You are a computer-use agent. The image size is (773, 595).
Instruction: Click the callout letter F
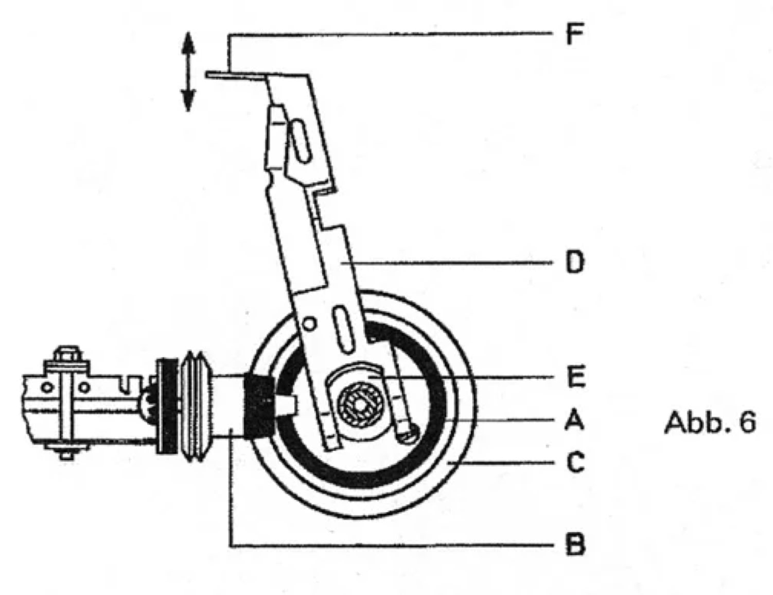[x=574, y=34]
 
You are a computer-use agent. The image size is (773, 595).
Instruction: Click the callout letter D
[x=575, y=262]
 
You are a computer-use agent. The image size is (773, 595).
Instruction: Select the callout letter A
[x=574, y=420]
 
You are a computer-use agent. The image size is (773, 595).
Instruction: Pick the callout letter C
[x=575, y=462]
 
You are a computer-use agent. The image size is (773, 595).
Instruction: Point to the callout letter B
[x=575, y=544]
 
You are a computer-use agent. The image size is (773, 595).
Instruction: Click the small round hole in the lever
[x=309, y=324]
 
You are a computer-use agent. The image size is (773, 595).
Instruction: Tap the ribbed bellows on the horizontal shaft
[x=194, y=407]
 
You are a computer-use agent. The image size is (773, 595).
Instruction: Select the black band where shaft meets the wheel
[x=259, y=405]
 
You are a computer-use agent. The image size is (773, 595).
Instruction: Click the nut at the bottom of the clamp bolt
[x=65, y=454]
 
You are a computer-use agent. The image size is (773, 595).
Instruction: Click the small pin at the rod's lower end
[x=408, y=434]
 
